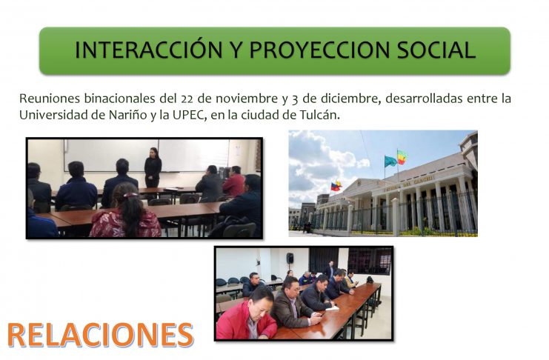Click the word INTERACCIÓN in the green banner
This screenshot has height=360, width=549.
[x=149, y=50]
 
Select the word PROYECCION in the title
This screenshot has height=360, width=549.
[x=319, y=50]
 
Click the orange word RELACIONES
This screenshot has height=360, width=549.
[x=101, y=335]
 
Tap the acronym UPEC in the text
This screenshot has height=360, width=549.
[x=188, y=116]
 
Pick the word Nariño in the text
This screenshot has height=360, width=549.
[x=127, y=116]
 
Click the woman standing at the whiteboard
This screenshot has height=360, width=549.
[x=153, y=167]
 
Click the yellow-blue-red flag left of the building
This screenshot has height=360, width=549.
[x=336, y=187]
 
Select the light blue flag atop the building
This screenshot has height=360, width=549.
[x=390, y=161]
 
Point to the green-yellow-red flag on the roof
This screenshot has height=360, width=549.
[x=402, y=157]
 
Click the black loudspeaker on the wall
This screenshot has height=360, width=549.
[x=290, y=259]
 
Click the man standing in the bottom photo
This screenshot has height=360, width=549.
[x=330, y=270]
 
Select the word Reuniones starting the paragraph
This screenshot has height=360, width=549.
[x=50, y=99]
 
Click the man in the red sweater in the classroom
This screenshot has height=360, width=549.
[x=234, y=181]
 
